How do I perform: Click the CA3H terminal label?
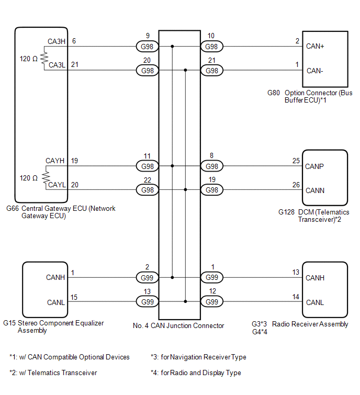(57, 41)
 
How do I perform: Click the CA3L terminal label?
(57, 65)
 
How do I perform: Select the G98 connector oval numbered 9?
(147, 47)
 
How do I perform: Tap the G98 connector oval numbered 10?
(211, 47)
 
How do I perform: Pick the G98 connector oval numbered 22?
(147, 190)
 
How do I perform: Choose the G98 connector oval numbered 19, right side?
(211, 190)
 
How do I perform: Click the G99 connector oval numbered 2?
(147, 277)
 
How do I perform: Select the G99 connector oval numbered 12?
(211, 301)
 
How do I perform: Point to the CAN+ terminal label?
(316, 47)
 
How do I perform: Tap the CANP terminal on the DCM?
(315, 166)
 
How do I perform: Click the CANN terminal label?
(315, 190)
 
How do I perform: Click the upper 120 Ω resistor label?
(28, 59)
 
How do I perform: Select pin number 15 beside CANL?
(74, 297)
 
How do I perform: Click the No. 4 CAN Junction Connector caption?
(178, 325)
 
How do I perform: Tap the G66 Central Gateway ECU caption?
(61, 212)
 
